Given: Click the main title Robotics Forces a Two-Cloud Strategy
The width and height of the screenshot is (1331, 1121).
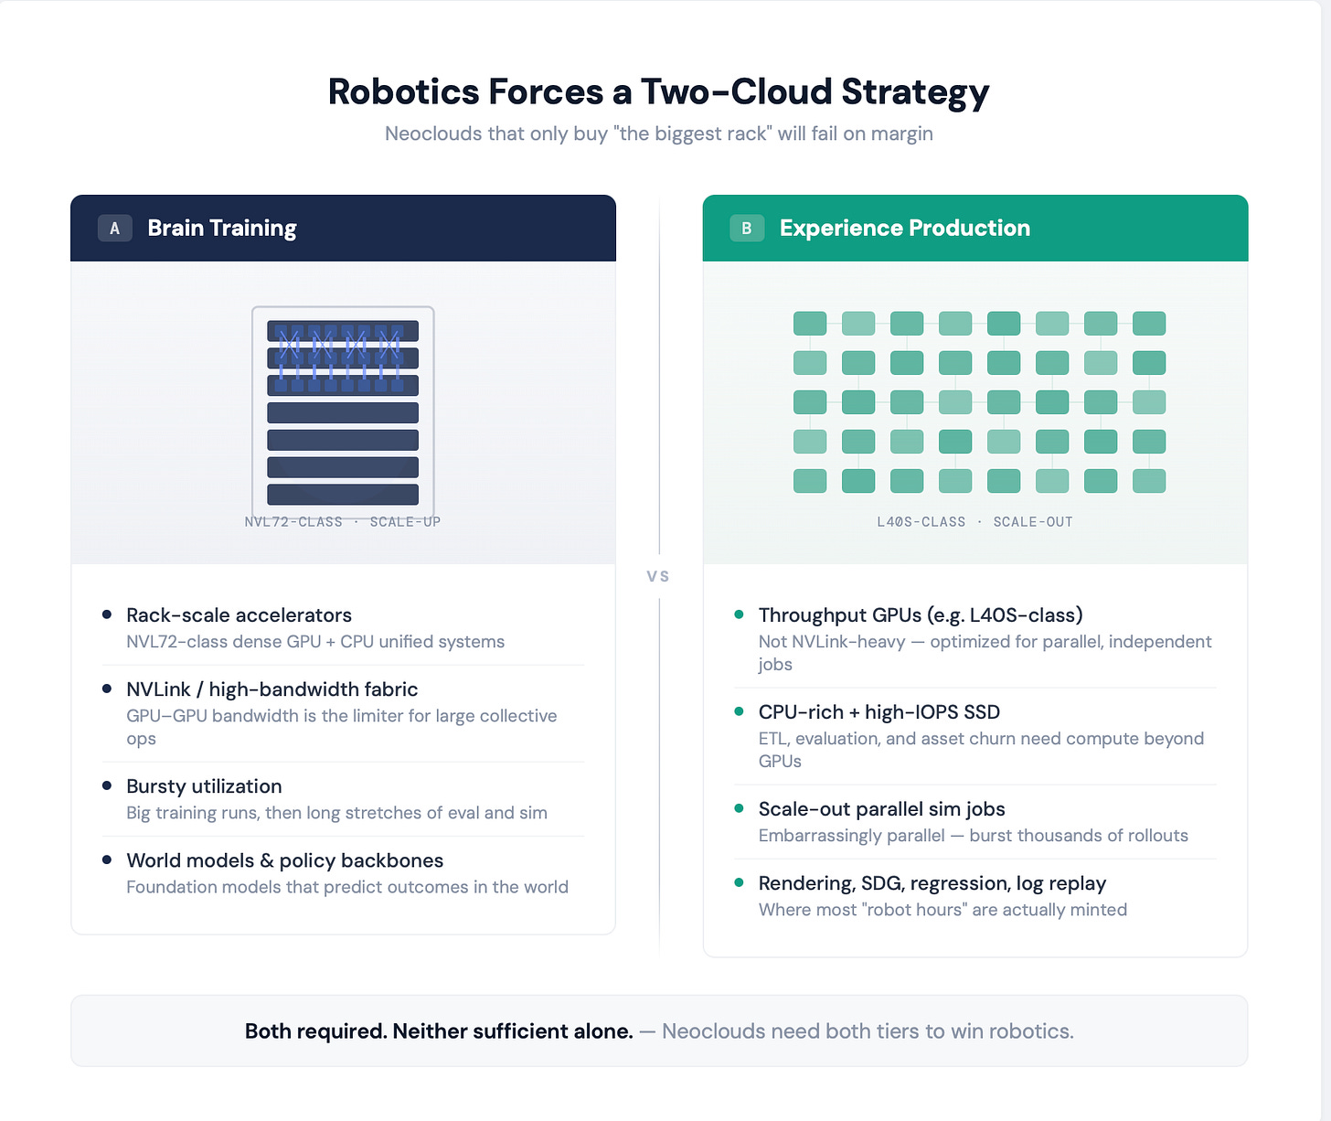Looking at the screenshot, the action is (x=658, y=91).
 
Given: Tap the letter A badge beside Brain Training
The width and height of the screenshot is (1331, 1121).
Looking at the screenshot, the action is (x=114, y=229).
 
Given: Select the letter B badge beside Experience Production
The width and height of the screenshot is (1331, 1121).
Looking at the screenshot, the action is (x=746, y=229).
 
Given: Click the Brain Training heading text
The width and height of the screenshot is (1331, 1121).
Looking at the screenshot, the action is (x=222, y=229).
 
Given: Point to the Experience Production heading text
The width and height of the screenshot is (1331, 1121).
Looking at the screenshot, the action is (x=904, y=229).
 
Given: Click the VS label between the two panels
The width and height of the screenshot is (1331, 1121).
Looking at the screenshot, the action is (x=658, y=576).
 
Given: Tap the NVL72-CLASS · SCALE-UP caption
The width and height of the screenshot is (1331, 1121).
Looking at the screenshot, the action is (x=342, y=522).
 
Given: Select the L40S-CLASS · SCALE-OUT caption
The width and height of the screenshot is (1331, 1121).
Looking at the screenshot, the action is (x=974, y=522).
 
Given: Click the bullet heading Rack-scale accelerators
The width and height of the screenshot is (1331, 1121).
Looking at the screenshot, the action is (x=239, y=615).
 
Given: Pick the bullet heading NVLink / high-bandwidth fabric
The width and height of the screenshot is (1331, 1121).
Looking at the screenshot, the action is (x=272, y=689).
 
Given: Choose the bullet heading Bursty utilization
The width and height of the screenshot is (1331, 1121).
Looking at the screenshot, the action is (x=204, y=786).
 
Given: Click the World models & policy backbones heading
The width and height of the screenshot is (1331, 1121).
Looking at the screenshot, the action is (x=284, y=860).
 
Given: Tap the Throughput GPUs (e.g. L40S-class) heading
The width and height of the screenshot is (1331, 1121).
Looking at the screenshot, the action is (x=921, y=615).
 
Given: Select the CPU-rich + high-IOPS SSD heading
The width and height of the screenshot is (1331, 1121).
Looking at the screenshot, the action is (x=878, y=712).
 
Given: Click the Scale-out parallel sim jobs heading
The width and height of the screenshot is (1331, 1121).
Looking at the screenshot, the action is (x=881, y=809).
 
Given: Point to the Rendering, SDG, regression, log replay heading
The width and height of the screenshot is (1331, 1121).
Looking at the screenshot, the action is (x=932, y=883).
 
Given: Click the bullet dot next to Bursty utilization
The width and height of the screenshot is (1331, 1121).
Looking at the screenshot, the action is (x=107, y=785).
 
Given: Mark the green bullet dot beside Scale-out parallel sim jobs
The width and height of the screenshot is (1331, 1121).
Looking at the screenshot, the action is (x=739, y=808).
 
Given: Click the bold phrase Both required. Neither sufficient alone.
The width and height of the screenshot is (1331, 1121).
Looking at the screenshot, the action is (x=439, y=1031).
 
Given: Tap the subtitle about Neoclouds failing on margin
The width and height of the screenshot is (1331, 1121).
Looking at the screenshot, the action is (x=658, y=133).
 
